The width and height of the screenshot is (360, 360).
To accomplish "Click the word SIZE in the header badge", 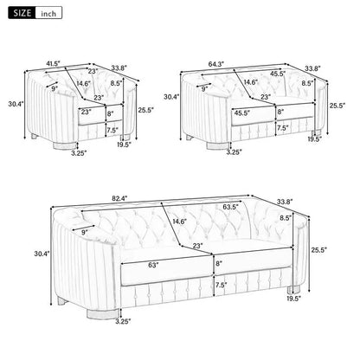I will point(21,14).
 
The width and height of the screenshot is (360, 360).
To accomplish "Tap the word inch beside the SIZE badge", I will point(50,14).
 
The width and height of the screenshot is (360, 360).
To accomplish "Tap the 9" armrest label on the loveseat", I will point(204,87).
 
